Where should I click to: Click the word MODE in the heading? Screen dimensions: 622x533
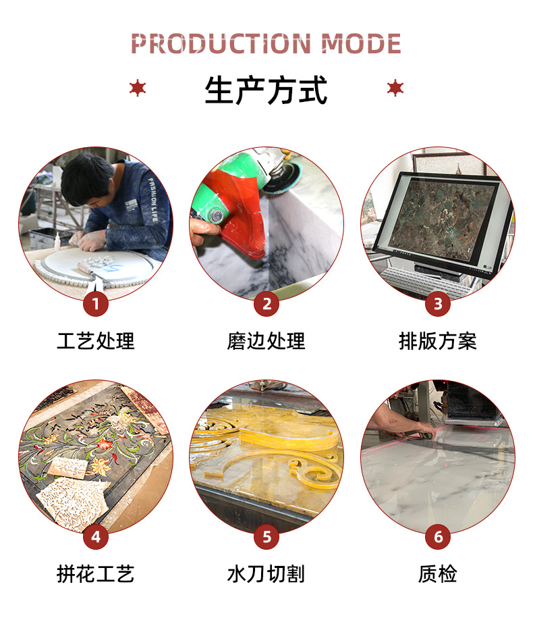[x=361, y=44]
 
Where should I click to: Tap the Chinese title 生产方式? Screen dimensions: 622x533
[x=266, y=90]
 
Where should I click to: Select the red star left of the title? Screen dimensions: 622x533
[x=138, y=88]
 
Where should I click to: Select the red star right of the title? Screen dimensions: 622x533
[x=395, y=88]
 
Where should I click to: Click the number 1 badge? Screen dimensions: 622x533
[x=96, y=304]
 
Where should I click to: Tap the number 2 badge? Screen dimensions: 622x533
[x=266, y=304]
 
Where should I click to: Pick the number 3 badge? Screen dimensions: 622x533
[x=438, y=304]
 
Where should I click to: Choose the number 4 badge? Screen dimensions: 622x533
[x=96, y=537]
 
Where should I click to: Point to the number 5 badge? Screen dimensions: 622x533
[x=266, y=537]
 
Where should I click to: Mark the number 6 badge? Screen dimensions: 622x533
[x=438, y=537]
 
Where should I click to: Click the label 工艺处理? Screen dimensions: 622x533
[x=96, y=341]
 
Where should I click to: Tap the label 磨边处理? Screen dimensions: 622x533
[x=266, y=341]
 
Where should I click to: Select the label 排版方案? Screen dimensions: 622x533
[x=438, y=341]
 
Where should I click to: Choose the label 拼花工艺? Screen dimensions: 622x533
[x=96, y=574]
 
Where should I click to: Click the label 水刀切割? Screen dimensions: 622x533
[x=266, y=574]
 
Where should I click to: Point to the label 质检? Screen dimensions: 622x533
[x=438, y=574]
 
